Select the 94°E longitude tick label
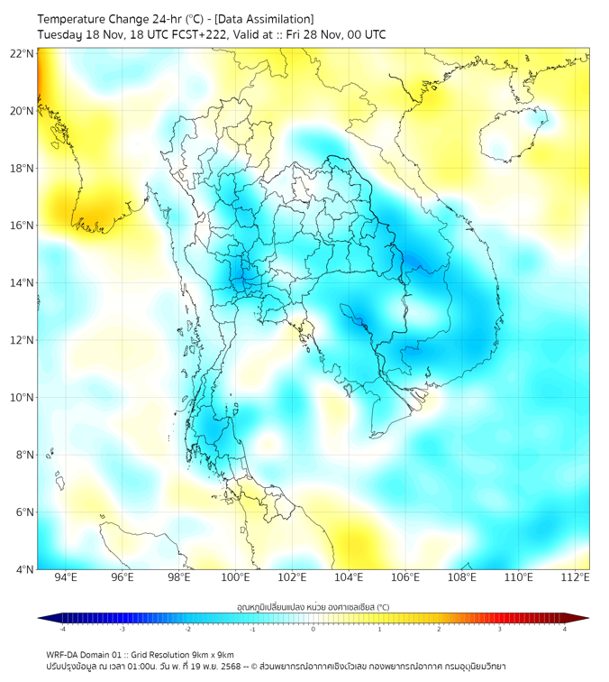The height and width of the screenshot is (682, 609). [x=66, y=577]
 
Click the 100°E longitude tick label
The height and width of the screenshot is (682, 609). [x=236, y=577]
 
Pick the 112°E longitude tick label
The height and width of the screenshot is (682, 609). [x=576, y=577]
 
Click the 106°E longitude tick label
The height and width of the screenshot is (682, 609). [x=405, y=577]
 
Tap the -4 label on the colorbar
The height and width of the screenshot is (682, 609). [x=61, y=629]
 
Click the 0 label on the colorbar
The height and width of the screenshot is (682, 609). [x=314, y=629]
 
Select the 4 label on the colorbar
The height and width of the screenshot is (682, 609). [x=565, y=629]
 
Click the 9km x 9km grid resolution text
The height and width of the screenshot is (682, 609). [x=208, y=654]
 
